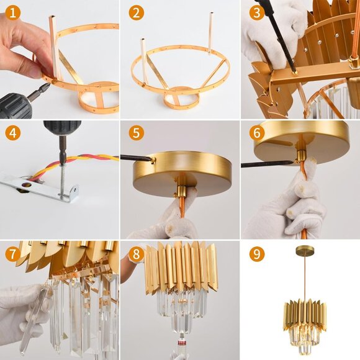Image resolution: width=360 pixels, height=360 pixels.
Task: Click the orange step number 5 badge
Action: point(136,133)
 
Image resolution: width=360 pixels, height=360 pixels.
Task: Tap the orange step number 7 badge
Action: point(12,254)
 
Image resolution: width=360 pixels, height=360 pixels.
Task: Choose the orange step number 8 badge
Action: point(136,254)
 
